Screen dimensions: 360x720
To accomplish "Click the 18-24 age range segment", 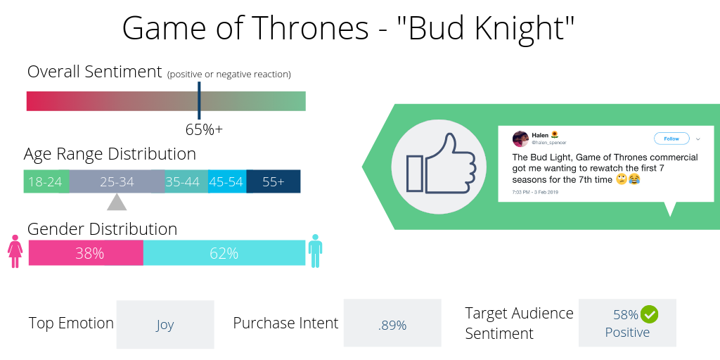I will tap(46, 181).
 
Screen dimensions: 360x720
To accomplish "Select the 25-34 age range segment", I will tap(117, 181).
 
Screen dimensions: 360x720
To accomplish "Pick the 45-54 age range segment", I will tap(226, 181).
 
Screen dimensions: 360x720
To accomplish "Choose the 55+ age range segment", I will tap(273, 181).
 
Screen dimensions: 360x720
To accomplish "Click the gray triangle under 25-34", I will tap(117, 202).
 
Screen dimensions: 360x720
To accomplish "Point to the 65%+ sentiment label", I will tap(204, 129).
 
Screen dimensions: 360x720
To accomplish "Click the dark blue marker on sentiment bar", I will tap(199, 100).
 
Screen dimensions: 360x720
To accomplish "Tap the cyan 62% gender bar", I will tap(224, 253).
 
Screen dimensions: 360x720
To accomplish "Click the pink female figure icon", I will tap(15, 252).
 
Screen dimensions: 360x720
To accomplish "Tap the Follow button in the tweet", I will tap(671, 139).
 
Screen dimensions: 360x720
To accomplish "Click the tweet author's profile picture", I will tap(520, 139).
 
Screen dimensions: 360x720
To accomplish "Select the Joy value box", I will tap(165, 324).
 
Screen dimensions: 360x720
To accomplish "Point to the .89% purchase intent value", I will tap(392, 324).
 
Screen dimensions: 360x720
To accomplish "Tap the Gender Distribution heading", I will tap(102, 229).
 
